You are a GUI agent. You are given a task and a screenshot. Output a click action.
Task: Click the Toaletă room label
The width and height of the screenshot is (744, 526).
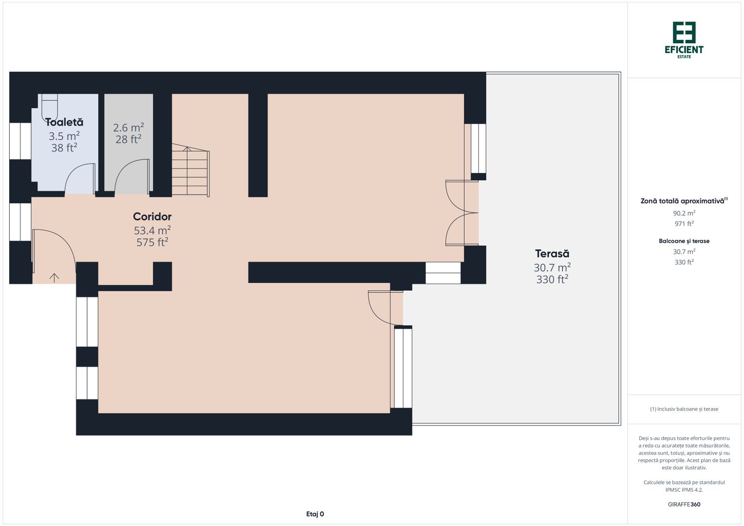64,122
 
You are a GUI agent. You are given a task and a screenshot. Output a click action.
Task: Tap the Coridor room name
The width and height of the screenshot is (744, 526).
152,217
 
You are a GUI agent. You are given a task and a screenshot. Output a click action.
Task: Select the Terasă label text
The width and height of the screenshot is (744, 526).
552,254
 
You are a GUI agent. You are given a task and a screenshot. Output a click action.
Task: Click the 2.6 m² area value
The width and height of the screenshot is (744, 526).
128,128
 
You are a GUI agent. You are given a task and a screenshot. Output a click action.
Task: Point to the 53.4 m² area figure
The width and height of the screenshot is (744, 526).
152,230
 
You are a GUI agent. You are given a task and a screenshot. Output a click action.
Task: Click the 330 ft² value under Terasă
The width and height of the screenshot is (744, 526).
552,280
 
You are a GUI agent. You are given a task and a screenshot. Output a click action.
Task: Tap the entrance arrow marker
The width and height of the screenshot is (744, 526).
54,278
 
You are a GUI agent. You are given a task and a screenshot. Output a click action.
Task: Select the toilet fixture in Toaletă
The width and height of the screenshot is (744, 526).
49,106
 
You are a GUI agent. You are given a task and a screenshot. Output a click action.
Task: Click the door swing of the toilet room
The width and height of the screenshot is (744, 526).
79,178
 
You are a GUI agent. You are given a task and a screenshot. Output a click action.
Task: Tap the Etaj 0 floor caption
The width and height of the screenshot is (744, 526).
315,514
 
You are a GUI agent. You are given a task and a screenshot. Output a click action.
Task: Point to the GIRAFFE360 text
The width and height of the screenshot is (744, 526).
684,505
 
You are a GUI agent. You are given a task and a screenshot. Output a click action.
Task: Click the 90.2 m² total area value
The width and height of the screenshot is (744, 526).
684,213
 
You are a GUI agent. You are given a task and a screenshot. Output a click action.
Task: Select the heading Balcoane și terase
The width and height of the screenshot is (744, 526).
684,241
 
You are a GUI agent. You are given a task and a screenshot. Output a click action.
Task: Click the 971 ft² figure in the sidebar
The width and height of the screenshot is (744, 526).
684,224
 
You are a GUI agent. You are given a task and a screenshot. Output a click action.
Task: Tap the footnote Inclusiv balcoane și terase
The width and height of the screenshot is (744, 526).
684,409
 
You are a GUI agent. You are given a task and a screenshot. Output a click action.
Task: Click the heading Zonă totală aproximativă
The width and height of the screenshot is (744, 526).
683,201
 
